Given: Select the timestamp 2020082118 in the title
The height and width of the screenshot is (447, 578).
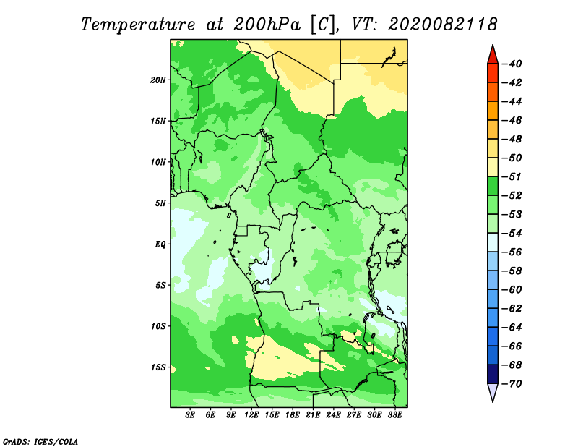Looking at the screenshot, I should click(442, 24).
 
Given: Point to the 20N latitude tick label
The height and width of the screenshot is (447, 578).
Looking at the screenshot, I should click(158, 80).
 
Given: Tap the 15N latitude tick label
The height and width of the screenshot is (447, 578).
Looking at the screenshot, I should click(158, 121).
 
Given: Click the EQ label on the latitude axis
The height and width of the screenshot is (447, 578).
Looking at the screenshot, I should click(160, 244).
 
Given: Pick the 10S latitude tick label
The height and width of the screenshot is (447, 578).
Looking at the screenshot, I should click(158, 326).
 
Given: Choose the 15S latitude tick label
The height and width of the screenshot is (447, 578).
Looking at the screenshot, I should click(158, 367).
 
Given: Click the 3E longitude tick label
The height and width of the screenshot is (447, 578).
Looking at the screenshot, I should click(191, 415).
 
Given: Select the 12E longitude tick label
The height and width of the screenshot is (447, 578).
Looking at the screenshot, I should click(252, 415).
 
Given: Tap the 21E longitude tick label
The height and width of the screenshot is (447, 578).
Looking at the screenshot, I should click(313, 415).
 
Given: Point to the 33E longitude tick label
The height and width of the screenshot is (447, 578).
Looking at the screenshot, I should click(394, 415).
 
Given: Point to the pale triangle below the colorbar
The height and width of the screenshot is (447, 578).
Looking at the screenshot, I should click(492, 393).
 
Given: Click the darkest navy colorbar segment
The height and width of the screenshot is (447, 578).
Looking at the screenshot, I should click(492, 374).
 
